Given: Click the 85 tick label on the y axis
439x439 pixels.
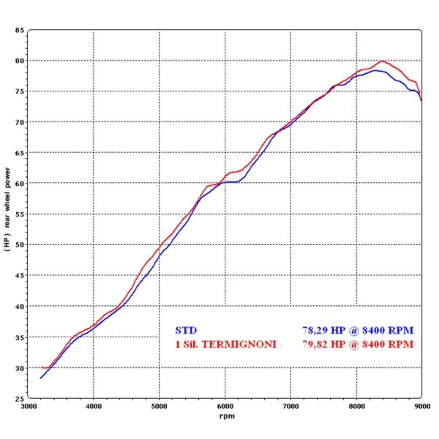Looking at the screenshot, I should pos(19,30).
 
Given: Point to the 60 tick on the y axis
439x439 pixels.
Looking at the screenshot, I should pos(19,184).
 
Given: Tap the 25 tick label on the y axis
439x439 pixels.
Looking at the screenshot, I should pos(19,399).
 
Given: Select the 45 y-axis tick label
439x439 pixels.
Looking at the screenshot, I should pos(19,276).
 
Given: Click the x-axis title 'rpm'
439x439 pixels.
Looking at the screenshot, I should pos(225,416).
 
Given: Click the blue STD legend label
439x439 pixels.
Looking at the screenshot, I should pos(186,330).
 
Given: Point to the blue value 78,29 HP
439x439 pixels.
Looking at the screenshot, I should pos(326,330).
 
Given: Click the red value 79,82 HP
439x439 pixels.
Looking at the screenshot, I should pos(326,343).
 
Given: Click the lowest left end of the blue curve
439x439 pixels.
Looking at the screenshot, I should pos(40,378).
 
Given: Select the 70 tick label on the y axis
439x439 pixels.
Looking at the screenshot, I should pos(19,122).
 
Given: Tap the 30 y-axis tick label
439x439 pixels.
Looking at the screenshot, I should pos(19,368).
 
